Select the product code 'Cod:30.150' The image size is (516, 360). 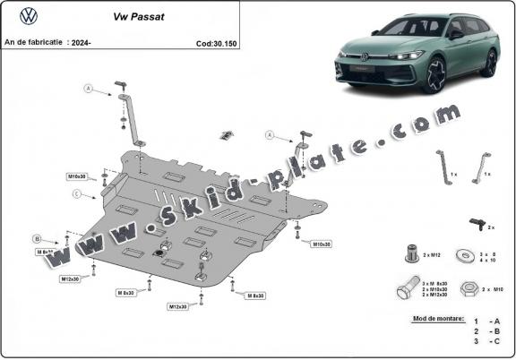click(216, 42)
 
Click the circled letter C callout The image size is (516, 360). click(78, 193)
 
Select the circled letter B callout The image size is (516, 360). click(38, 238)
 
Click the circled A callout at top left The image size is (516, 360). click(88, 88)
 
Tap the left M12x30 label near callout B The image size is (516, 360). click(72, 279)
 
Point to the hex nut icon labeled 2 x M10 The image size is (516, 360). click(469, 290)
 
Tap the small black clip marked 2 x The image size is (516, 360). click(471, 221)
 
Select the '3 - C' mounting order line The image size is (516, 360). click(487, 340)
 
